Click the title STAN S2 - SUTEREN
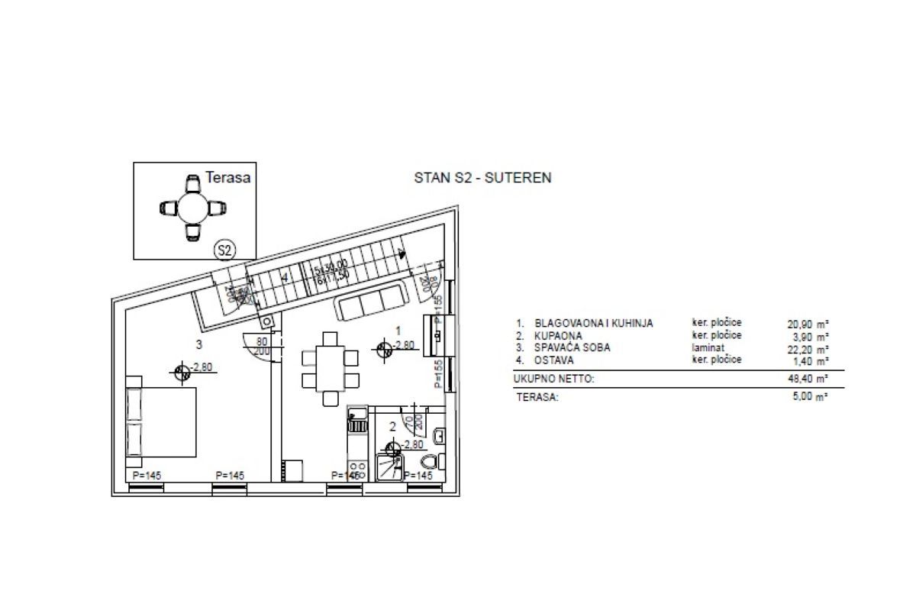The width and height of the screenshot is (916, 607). [482, 178]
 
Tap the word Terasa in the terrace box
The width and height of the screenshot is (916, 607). [227, 177]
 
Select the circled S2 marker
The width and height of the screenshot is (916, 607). [224, 249]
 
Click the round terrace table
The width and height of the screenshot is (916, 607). [193, 207]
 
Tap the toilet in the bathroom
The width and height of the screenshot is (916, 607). [430, 461]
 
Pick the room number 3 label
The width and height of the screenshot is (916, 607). [198, 344]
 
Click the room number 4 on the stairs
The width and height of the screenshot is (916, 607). [284, 278]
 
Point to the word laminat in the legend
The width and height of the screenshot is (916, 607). [708, 347]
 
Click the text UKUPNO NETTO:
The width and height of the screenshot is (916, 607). [553, 378]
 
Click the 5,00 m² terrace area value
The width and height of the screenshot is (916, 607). [811, 397]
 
